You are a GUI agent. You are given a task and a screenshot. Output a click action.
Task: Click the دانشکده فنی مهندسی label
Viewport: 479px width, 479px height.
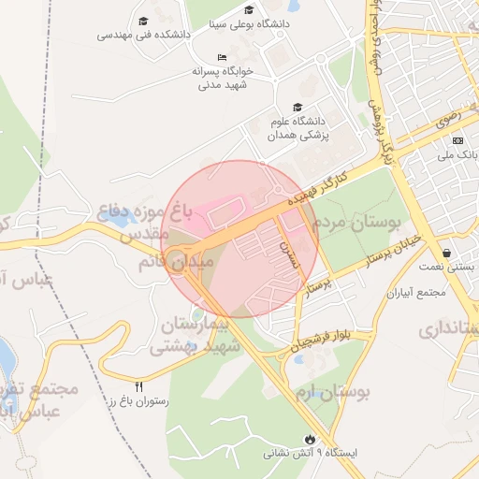point(144,36)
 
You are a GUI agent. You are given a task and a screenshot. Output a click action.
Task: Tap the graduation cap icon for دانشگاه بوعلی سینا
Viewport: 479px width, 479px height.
point(249,10)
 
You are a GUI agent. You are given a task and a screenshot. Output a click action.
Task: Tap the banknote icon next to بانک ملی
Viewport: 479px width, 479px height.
point(458,139)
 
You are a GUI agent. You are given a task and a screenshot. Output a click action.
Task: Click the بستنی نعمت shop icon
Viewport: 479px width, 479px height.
point(448,253)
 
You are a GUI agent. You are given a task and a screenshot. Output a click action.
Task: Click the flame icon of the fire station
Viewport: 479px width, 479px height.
point(310,438)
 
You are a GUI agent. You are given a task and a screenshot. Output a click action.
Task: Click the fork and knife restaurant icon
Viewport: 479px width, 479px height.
point(139,385)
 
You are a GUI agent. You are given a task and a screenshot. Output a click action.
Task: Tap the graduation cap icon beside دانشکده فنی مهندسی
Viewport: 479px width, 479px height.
point(143,21)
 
